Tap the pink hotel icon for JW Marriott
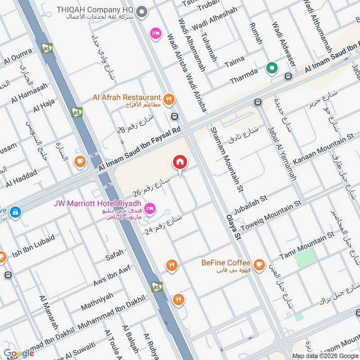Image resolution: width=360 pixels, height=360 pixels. click(x=151, y=207)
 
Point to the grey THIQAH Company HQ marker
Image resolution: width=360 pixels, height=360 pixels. click(x=142, y=12)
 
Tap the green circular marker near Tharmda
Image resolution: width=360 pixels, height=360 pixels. click(x=272, y=69)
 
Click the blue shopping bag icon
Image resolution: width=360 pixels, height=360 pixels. click(x=16, y=211)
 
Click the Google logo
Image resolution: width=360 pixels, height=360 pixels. click(x=19, y=353)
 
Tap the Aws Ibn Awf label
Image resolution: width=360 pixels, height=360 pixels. click(x=111, y=275)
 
